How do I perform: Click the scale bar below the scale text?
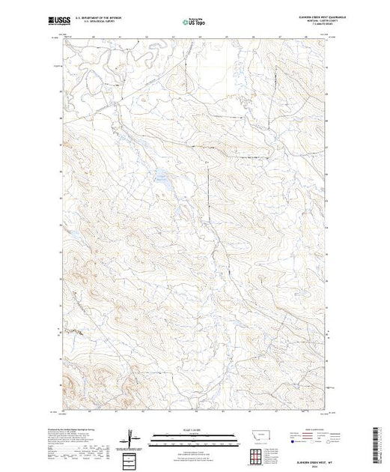pyautogui.click(x=195, y=435)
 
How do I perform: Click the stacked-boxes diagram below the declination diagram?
pyautogui.click(x=131, y=456)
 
